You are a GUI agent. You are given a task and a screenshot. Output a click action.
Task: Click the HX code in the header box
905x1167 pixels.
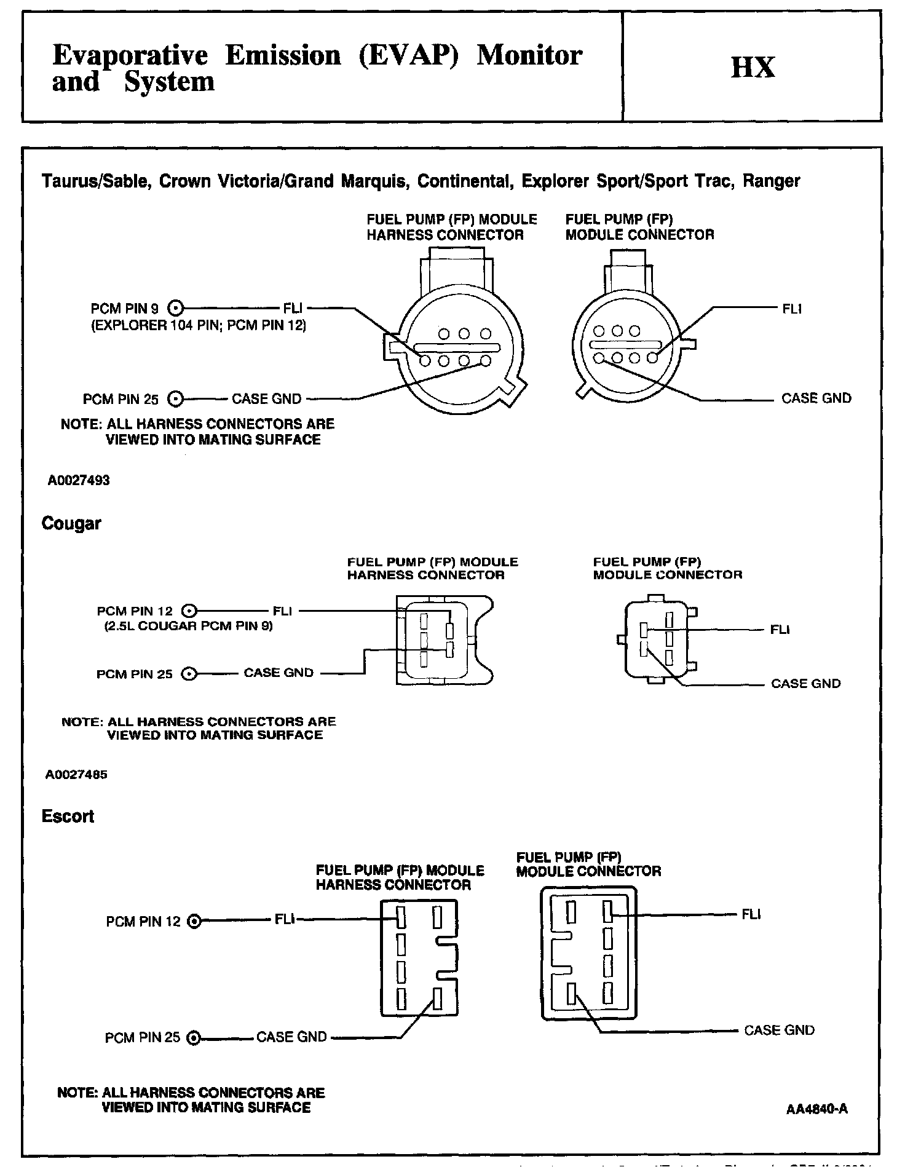pyautogui.click(x=753, y=67)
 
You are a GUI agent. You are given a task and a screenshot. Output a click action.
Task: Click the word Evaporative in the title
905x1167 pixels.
pyautogui.click(x=130, y=55)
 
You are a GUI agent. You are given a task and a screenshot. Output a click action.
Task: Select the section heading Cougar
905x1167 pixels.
pyautogui.click(x=71, y=524)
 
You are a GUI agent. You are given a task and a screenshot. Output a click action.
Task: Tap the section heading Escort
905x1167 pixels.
pyautogui.click(x=68, y=817)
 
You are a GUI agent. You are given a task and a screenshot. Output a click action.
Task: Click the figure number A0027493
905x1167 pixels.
pyautogui.click(x=79, y=480)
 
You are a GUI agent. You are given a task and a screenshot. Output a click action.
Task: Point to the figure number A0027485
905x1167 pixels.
pyautogui.click(x=76, y=775)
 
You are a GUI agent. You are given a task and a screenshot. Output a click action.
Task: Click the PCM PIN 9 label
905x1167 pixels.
pyautogui.click(x=124, y=309)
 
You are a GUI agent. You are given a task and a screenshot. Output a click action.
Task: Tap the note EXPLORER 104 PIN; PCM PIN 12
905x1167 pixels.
pyautogui.click(x=199, y=325)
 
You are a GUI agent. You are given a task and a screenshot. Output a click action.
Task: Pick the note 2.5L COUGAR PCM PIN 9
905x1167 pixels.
pyautogui.click(x=188, y=627)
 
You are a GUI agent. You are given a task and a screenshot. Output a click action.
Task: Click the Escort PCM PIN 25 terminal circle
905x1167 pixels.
pyautogui.click(x=194, y=1038)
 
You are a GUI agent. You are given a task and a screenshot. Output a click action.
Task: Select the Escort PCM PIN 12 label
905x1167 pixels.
pyautogui.click(x=143, y=922)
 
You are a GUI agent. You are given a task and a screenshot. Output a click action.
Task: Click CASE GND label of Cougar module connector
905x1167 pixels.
pyautogui.click(x=805, y=684)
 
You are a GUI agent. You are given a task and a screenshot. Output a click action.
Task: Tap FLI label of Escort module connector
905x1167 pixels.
pyautogui.click(x=751, y=914)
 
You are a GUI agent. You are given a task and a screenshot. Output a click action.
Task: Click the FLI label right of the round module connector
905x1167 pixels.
pyautogui.click(x=792, y=309)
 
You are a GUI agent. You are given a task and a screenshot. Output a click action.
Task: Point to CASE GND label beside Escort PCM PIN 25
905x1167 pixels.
pyautogui.click(x=291, y=1037)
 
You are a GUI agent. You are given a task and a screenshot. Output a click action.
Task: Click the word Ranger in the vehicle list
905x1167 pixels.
pyautogui.click(x=772, y=181)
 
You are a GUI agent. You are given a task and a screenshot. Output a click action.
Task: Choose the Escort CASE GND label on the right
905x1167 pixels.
pyautogui.click(x=779, y=1031)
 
